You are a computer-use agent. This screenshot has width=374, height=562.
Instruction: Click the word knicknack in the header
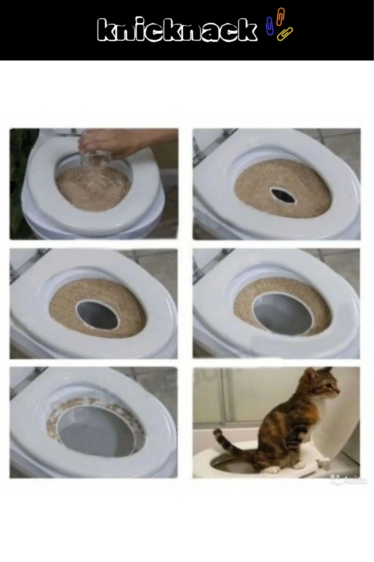point(177,29)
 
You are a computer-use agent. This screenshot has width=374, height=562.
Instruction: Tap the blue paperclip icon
point(269,26)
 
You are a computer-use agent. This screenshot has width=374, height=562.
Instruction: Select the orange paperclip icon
point(280,16)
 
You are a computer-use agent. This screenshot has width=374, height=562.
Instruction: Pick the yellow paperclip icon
point(285,34)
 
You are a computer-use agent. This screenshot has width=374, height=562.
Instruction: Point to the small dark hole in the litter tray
point(283,196)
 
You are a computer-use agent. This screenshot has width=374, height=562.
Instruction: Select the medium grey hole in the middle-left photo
point(97,315)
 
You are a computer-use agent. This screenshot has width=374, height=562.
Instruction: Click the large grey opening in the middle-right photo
point(283,314)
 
